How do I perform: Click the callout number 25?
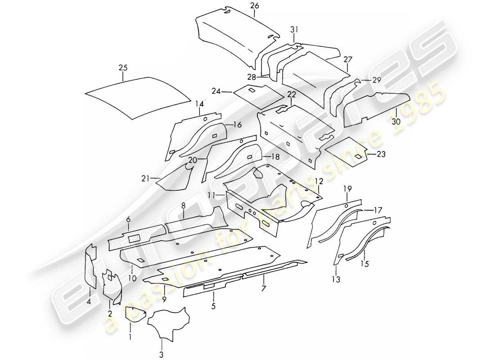point(123,68)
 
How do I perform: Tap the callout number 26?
point(255,5)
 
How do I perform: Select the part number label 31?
point(294,30)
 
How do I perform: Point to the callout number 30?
point(396,121)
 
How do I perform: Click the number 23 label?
point(381,154)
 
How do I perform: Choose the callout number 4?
point(89,302)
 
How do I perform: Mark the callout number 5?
point(214,307)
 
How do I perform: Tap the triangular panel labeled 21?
point(178,180)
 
